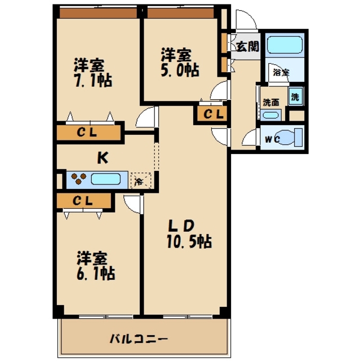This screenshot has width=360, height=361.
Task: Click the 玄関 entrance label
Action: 247,47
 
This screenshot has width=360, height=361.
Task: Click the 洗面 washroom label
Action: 271,103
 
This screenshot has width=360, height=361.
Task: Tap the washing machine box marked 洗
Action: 295,96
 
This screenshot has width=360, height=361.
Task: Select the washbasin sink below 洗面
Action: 270,116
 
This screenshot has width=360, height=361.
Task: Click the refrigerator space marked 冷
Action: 139,181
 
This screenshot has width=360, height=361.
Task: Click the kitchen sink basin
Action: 106,180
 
